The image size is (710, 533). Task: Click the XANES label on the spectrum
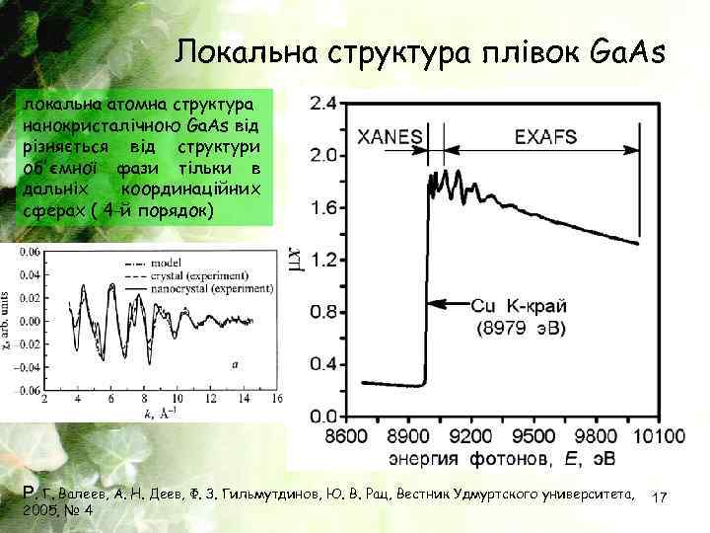(391, 136)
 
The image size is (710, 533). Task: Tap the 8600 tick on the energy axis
(346, 435)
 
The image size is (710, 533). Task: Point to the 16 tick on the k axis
(277, 398)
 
